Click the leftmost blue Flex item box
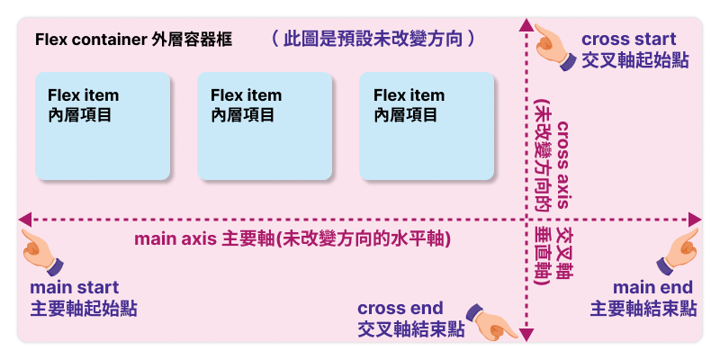(103, 126)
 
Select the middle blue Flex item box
(265, 126)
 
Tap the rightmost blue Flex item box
(427, 126)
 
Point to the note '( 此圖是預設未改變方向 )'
(373, 40)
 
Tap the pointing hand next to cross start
(554, 45)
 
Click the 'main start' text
(75, 288)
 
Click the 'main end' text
(652, 287)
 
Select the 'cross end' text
(401, 308)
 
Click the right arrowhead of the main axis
(695, 219)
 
